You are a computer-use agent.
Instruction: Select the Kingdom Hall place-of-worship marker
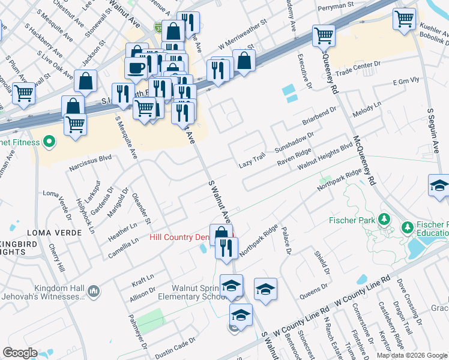pyautogui.click(x=94, y=292)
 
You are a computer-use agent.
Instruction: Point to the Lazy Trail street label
pyautogui.click(x=252, y=160)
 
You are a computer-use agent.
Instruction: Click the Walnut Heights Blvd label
pyautogui.click(x=325, y=155)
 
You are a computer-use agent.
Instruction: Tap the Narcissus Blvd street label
pyautogui.click(x=91, y=158)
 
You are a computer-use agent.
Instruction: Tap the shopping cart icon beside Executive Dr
pyautogui.click(x=324, y=35)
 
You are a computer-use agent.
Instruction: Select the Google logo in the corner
pyautogui.click(x=20, y=353)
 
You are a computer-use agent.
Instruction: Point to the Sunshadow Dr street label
pyautogui.click(x=294, y=141)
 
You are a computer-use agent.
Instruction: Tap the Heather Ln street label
pyautogui.click(x=122, y=230)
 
